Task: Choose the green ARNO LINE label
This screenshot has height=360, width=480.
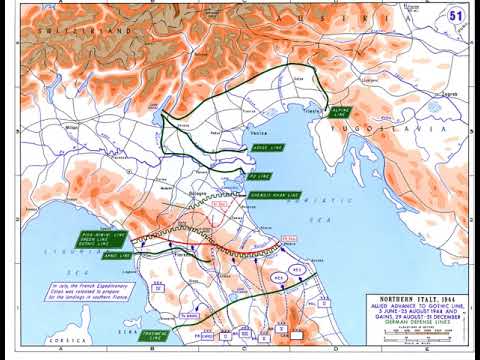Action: tap(117, 255)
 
